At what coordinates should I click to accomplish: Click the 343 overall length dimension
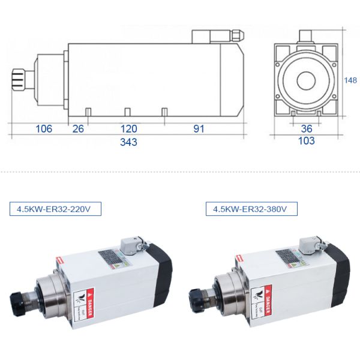128,142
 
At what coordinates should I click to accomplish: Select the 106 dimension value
44,128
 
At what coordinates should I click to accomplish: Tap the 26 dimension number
78,128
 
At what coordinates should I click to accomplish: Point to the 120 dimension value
128,128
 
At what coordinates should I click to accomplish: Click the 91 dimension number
199,128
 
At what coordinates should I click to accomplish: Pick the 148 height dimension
351,80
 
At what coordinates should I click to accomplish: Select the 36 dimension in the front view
307,128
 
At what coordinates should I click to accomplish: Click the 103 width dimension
307,142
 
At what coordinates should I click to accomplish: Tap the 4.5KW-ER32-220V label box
55,209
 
